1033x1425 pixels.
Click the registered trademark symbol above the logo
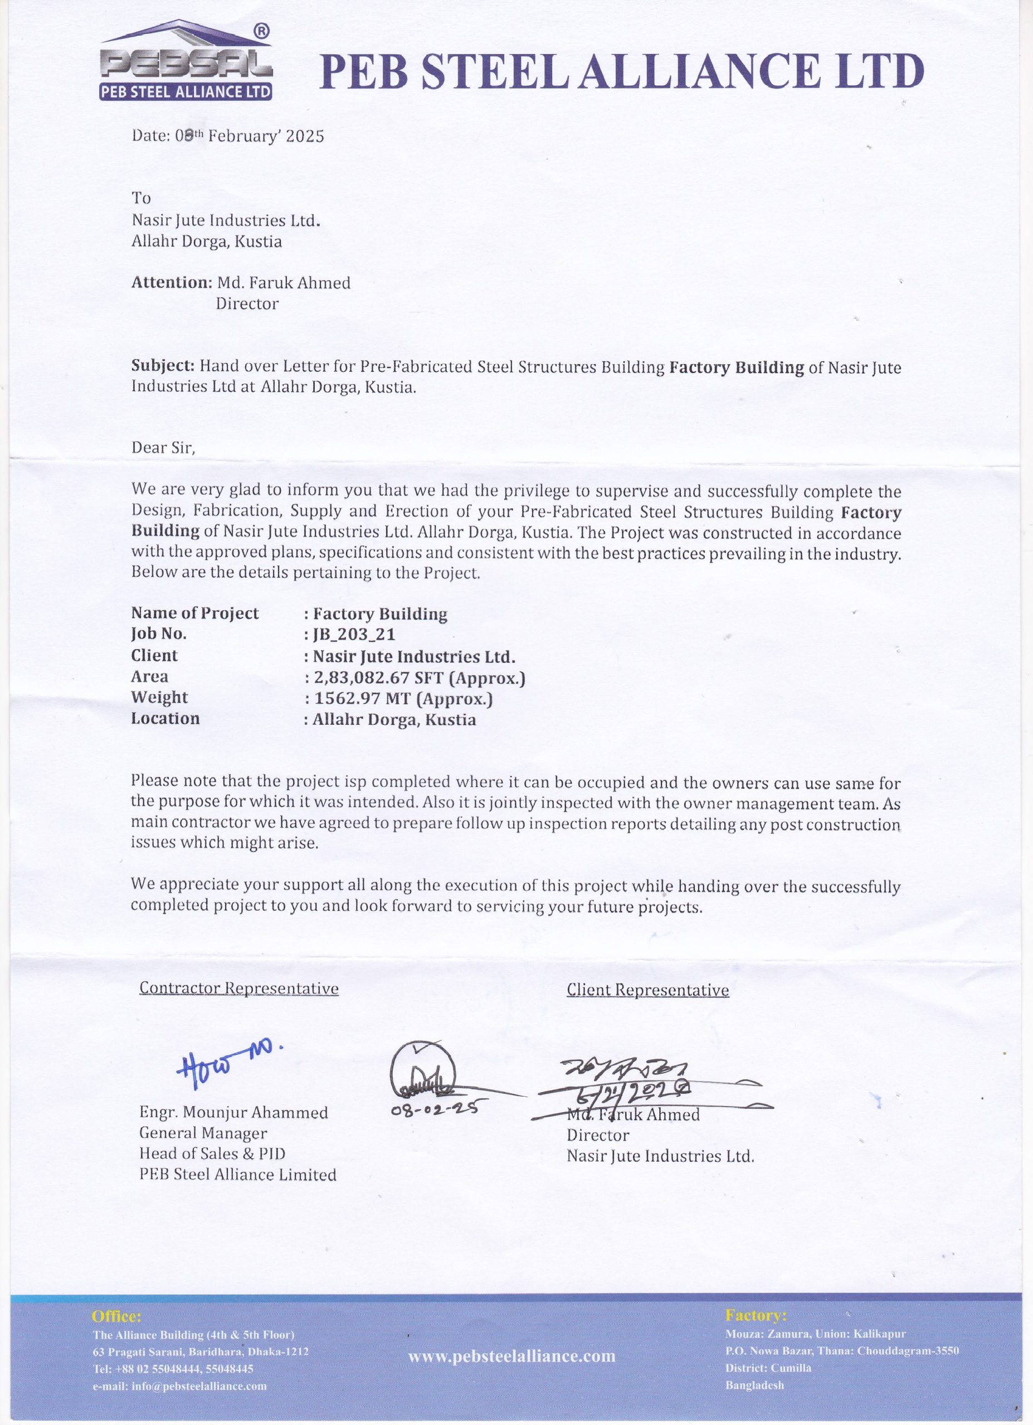(262, 30)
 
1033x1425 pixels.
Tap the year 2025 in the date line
(305, 136)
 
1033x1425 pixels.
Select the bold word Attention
(171, 283)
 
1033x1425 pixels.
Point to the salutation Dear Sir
(163, 448)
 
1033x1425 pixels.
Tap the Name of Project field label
(195, 613)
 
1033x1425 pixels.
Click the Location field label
(165, 718)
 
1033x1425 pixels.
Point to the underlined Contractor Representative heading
(239, 989)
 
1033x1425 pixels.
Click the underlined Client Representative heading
(647, 990)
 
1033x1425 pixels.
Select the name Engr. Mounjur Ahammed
(233, 1113)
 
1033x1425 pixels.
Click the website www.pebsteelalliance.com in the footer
(512, 1356)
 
